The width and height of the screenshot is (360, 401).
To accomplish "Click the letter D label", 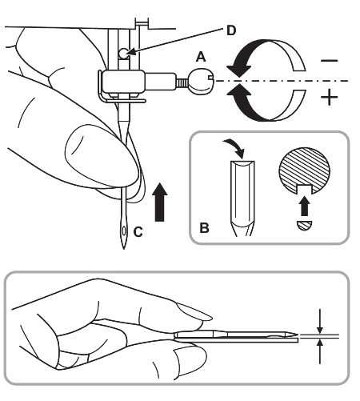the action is tap(231, 30).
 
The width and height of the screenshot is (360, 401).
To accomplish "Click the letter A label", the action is tap(201, 57).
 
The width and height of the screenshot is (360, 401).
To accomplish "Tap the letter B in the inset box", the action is tap(204, 228).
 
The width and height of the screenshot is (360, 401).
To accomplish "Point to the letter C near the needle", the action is tap(138, 232).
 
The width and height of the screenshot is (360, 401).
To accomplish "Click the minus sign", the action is tap(330, 61).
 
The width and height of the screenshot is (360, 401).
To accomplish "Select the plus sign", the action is tap(330, 97).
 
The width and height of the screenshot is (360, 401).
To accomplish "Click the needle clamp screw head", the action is tap(201, 82).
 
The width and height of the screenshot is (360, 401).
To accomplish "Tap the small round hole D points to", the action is tap(123, 54).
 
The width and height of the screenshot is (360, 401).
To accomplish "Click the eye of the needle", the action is tap(124, 231).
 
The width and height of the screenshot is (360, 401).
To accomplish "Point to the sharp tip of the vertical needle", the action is tap(124, 249).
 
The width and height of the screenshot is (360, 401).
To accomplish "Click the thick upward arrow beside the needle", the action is tap(159, 202).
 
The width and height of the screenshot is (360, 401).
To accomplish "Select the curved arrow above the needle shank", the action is tap(234, 147).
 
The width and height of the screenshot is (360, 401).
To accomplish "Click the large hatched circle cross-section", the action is tap(304, 170).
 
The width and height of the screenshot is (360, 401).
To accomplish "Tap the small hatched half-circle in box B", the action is tap(304, 226).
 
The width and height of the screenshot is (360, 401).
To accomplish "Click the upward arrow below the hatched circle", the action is tap(304, 206).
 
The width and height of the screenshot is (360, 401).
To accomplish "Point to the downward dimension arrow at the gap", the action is tap(320, 321).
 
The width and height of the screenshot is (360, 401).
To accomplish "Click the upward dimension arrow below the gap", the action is tap(320, 351).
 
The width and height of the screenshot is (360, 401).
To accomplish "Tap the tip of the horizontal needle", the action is tap(297, 335).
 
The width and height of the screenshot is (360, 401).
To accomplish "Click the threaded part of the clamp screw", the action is tap(182, 82).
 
